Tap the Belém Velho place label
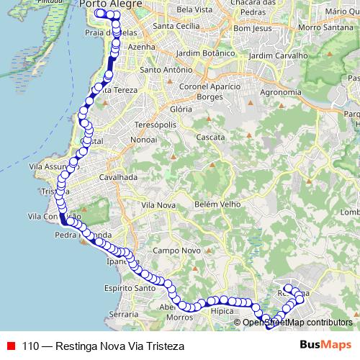[x=216, y=204]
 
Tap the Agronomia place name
[x=281, y=92]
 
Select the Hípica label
[x=223, y=311]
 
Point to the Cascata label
[x=210, y=137]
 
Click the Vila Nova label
[x=159, y=205]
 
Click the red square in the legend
[x=12, y=346]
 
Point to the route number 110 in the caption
[x=31, y=346]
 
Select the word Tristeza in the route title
[x=163, y=346]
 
